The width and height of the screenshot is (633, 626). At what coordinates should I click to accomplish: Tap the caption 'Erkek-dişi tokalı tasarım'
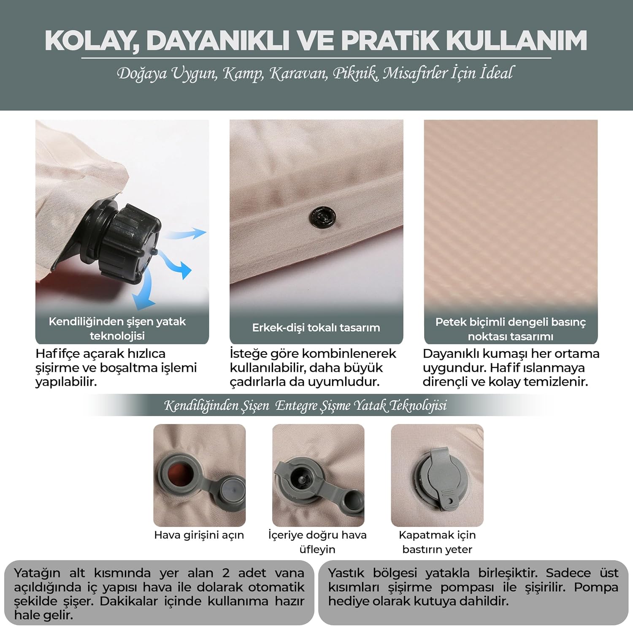pos(316,328)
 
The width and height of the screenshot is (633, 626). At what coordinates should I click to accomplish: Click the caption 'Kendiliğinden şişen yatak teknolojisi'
pos(117,329)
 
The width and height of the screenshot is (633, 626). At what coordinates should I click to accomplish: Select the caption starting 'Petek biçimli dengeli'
pos(511,329)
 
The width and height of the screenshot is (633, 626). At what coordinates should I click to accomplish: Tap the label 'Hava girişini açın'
pos(199,535)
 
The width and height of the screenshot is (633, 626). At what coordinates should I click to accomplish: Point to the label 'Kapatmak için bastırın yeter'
pos(437,542)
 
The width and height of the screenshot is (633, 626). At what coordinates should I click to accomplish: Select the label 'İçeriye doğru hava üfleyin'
pos(317,542)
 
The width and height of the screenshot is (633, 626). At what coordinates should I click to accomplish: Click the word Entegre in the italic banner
pos(296,406)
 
